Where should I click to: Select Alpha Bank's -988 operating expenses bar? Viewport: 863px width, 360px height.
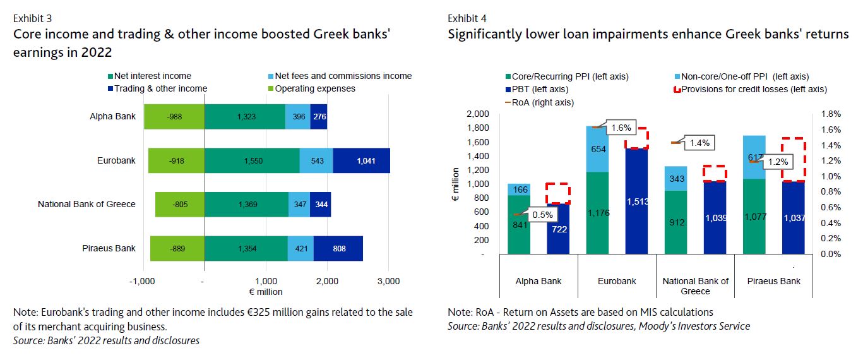coord(174,117)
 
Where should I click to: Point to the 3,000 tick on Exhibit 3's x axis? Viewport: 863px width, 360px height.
coord(388,280)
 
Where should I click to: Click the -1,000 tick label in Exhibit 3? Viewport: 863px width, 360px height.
coord(143,280)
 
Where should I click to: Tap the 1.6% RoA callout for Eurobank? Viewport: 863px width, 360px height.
coord(621,128)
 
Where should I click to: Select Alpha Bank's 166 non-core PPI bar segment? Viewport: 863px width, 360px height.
coord(519,189)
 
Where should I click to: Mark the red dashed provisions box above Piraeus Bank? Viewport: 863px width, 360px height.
coord(794,159)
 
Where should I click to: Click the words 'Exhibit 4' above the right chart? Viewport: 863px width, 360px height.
coord(467,18)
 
